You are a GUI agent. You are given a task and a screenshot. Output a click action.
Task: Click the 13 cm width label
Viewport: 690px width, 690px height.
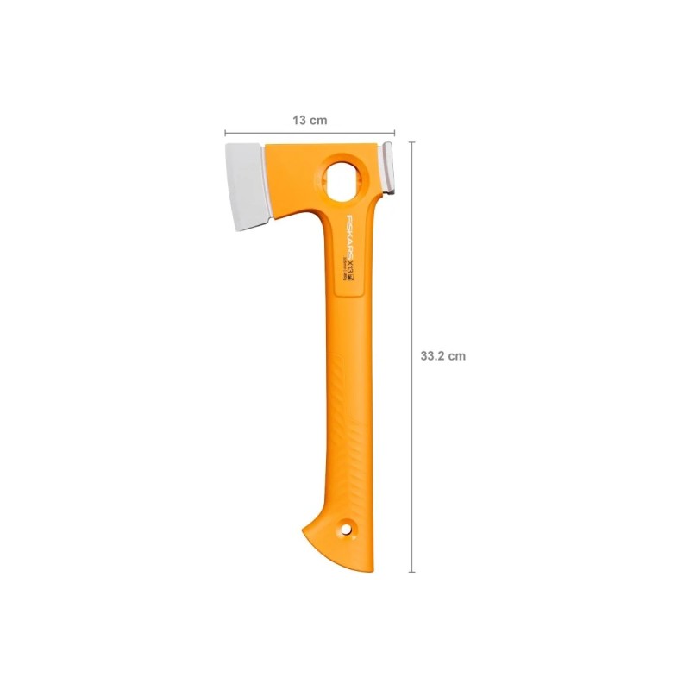[x=310, y=120]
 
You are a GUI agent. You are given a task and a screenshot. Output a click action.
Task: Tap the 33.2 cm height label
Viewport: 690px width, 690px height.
[x=442, y=356]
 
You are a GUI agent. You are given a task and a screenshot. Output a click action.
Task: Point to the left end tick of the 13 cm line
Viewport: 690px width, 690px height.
[x=225, y=134]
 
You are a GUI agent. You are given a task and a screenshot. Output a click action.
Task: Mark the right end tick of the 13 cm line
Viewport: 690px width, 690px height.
[x=394, y=134]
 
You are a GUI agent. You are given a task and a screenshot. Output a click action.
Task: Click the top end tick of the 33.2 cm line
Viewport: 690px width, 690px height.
[x=411, y=143]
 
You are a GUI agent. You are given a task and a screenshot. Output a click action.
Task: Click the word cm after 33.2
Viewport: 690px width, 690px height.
[x=457, y=356]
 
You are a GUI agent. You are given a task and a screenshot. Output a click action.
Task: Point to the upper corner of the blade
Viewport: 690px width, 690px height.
[x=227, y=147]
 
